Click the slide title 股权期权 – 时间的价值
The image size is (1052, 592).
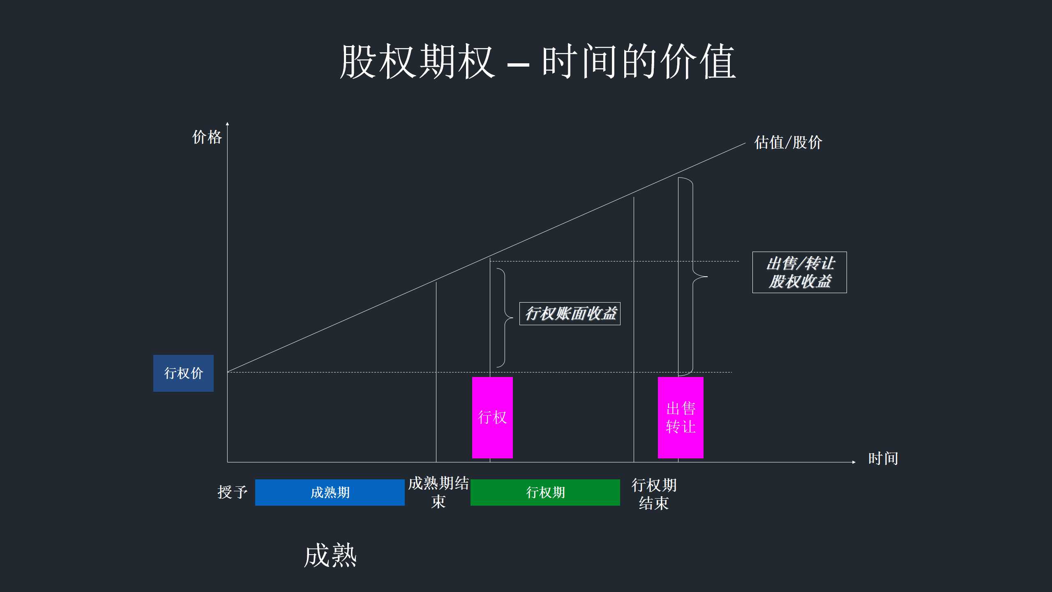pyautogui.click(x=538, y=62)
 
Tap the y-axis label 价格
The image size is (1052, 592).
pyautogui.click(x=207, y=137)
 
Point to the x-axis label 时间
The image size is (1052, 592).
pyautogui.click(x=883, y=458)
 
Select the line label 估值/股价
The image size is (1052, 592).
pyautogui.click(x=788, y=142)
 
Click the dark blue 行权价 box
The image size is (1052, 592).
pyautogui.click(x=183, y=373)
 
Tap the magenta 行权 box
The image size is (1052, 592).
pyautogui.click(x=492, y=417)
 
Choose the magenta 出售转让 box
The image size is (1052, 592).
pyautogui.click(x=681, y=417)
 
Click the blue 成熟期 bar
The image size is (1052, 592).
pyautogui.click(x=330, y=493)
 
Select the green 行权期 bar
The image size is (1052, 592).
pyautogui.click(x=545, y=493)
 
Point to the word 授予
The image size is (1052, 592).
pyautogui.click(x=233, y=492)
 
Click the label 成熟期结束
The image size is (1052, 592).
pyautogui.click(x=438, y=493)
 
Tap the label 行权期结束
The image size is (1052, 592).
pyautogui.click(x=654, y=494)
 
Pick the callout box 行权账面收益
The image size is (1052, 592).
pyautogui.click(x=570, y=314)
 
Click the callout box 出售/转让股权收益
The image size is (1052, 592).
pyautogui.click(x=800, y=272)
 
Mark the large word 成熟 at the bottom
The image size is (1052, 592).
pyautogui.click(x=330, y=555)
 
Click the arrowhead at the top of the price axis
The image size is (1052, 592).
pyautogui.click(x=227, y=123)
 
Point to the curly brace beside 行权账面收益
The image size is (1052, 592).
pyautogui.click(x=505, y=318)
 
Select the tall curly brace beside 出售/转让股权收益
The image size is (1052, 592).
pyautogui.click(x=693, y=277)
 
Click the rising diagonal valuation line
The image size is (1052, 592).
pyautogui.click(x=486, y=257)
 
